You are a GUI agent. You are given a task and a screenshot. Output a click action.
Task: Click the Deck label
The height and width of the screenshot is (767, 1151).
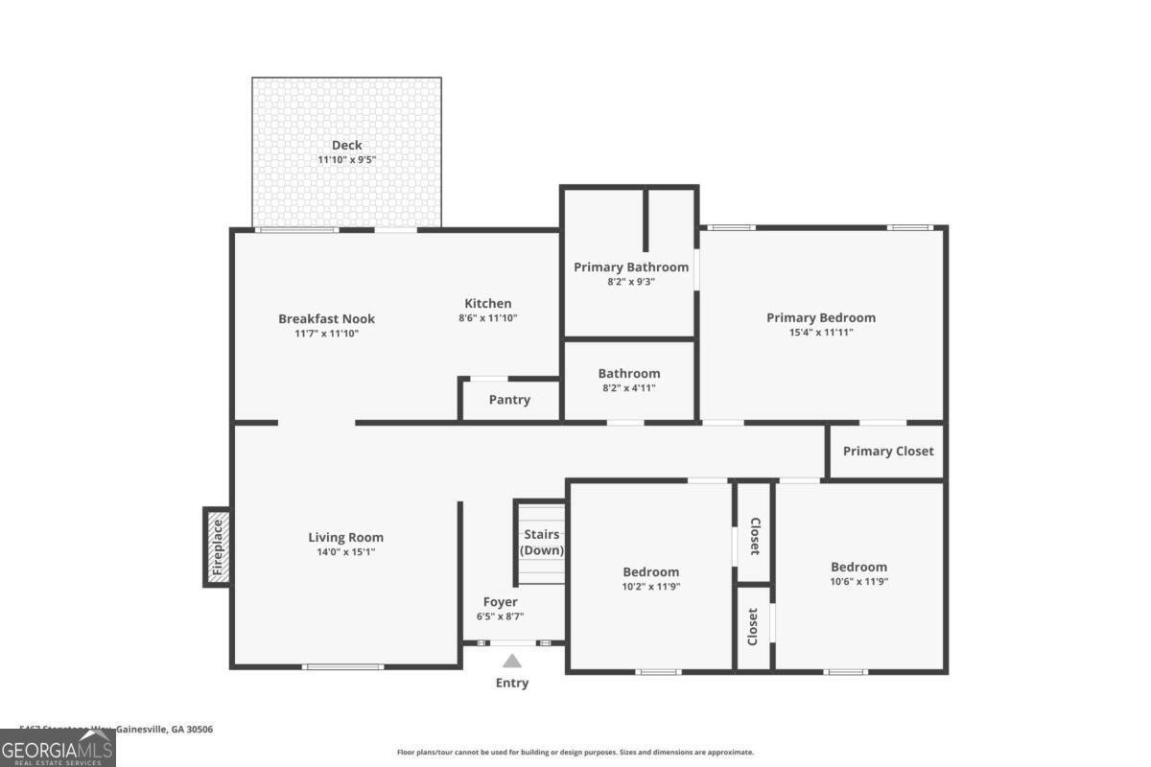click(346, 145)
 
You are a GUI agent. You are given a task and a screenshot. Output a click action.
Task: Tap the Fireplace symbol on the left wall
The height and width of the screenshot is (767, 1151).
click(217, 546)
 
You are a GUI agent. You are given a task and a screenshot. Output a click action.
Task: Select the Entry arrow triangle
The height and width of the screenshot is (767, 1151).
click(512, 661)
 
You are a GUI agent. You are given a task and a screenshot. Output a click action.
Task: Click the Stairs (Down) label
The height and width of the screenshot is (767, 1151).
click(542, 543)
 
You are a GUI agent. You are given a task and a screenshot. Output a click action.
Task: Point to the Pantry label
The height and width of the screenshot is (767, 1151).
click(509, 400)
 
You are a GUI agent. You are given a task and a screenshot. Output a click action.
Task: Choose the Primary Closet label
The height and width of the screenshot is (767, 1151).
click(887, 451)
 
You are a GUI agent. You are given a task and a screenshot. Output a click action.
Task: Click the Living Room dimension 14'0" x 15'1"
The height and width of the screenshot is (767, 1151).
click(345, 552)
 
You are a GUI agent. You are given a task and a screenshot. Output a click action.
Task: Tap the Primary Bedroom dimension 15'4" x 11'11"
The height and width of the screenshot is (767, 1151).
click(820, 333)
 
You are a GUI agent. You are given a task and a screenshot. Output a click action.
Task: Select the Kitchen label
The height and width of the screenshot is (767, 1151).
click(488, 303)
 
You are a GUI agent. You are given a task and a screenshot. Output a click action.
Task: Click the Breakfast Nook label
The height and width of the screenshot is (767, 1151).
click(326, 318)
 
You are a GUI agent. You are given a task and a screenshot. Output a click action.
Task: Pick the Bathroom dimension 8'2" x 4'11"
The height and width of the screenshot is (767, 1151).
click(629, 388)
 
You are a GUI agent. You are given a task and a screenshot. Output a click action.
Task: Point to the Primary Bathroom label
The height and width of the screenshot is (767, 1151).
click(631, 267)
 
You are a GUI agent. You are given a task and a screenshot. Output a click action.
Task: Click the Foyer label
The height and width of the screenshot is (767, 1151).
click(500, 602)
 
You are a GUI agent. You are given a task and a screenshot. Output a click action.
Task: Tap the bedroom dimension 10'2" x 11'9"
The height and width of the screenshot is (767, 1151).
click(650, 587)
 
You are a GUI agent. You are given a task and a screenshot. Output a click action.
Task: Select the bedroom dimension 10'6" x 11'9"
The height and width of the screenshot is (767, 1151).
click(858, 581)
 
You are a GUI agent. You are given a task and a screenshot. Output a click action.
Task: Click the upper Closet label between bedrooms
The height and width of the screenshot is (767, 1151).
click(754, 537)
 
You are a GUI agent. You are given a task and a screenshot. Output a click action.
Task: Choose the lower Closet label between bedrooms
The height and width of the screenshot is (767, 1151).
click(754, 627)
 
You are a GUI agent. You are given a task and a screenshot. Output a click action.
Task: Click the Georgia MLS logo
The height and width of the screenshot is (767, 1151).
click(58, 748)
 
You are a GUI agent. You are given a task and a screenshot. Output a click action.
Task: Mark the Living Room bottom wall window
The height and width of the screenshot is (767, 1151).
click(343, 666)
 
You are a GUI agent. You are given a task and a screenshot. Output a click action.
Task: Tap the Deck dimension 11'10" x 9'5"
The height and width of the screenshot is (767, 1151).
click(346, 160)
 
